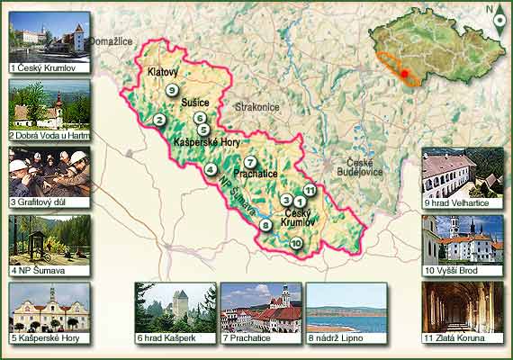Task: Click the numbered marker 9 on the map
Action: coord(170,89)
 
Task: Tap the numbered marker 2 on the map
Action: coord(159,120)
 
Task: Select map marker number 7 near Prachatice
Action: coord(249,162)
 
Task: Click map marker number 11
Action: coord(309,190)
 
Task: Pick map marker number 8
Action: coord(265,224)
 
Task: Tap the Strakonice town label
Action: coord(257,107)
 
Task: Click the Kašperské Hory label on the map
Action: coord(206,142)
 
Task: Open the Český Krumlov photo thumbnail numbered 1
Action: coord(49,36)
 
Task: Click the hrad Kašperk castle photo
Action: coord(175,307)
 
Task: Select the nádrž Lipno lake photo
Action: coord(346,307)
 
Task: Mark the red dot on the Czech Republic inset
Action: coord(406,73)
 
